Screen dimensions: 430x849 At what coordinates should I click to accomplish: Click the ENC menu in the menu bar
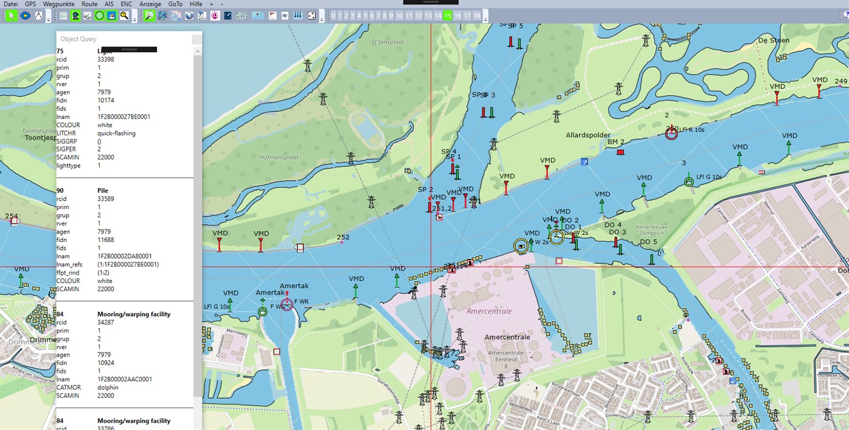point(126,4)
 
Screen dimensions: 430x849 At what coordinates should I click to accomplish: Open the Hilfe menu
point(196,4)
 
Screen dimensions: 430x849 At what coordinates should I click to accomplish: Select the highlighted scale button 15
point(447,16)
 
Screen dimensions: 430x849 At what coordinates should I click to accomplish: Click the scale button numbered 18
point(477,16)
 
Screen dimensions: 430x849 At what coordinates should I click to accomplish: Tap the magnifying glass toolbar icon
point(124,16)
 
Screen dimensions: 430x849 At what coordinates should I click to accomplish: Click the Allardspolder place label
point(587,135)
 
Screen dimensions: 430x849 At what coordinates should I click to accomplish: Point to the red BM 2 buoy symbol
point(620,152)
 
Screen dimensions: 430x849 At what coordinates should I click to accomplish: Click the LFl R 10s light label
point(692,130)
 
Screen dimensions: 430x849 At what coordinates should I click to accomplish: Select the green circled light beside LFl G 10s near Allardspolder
point(688,181)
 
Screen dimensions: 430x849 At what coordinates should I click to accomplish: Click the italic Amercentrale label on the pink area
point(489,311)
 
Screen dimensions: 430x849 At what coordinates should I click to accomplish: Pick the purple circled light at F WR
point(287,304)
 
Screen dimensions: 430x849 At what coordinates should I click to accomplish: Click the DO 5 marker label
point(648,242)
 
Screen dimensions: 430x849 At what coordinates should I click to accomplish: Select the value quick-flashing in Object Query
point(117,133)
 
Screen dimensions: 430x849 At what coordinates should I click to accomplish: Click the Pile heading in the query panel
point(103,190)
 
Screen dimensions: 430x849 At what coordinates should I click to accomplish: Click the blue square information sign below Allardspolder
point(584,162)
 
